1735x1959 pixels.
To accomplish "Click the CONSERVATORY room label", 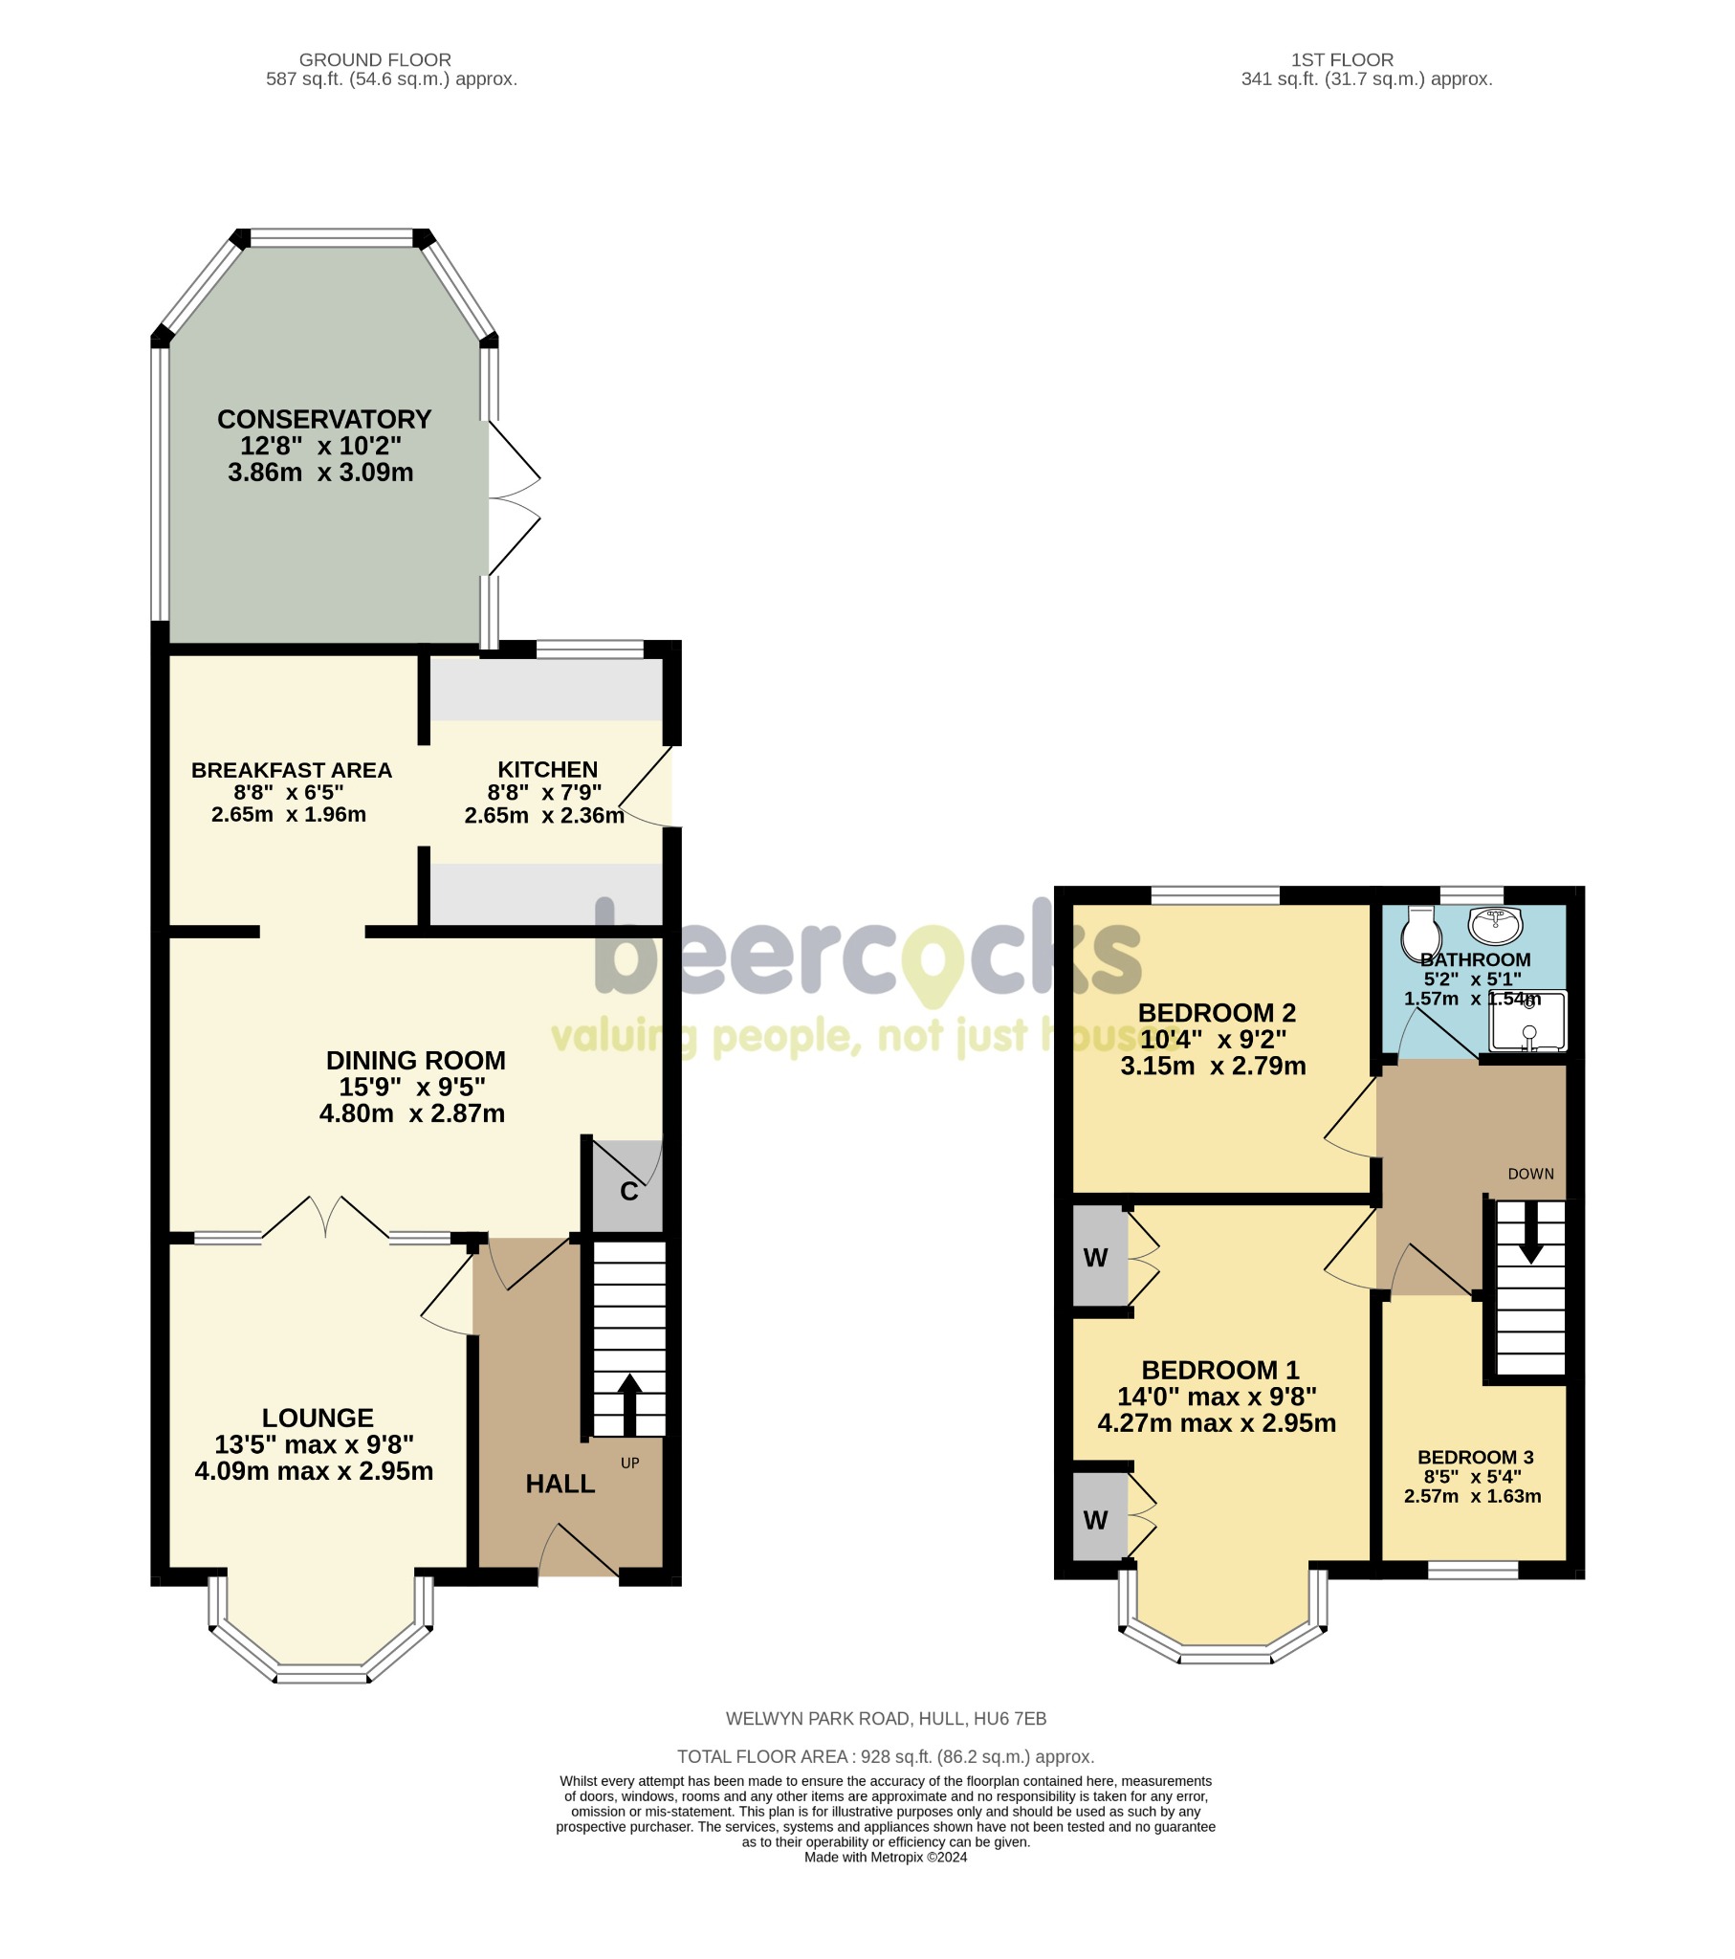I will coord(324,420).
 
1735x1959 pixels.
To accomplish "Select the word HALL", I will coord(560,1484).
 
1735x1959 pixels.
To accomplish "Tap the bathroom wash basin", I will coord(1494,925).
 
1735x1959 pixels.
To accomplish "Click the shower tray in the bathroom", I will coord(1528,1022).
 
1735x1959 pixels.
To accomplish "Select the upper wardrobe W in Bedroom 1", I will coord(1097,1258).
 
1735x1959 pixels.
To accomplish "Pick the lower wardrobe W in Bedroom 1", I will coord(1097,1519).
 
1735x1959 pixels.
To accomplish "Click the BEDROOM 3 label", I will coord(1475,1457).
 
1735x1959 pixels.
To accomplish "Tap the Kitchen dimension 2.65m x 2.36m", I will coord(543,816).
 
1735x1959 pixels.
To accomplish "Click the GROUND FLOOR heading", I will coord(375,59).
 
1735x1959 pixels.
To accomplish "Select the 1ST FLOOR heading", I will coord(1342,59).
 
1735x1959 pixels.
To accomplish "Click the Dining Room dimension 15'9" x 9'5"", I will coord(412,1087).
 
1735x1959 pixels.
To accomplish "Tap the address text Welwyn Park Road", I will coord(885,1719).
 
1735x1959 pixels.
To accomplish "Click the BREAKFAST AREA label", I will coord(292,771).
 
